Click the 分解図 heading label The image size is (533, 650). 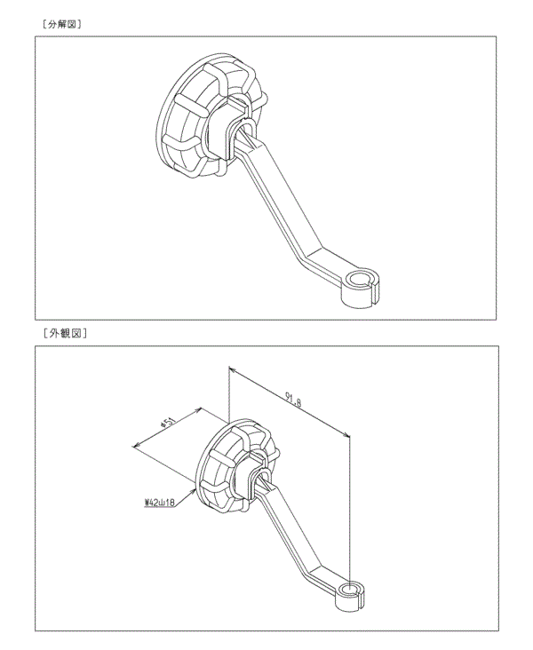pos(62,25)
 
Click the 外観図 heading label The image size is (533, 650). pos(65,333)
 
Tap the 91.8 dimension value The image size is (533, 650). pos(293,400)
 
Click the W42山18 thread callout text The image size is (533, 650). pos(160,502)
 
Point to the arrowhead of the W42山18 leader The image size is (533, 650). pos(194,490)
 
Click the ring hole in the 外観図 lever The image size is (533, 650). pos(351,589)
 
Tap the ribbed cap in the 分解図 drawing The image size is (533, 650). pos(207,116)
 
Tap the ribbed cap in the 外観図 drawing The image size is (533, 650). pos(236,464)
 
